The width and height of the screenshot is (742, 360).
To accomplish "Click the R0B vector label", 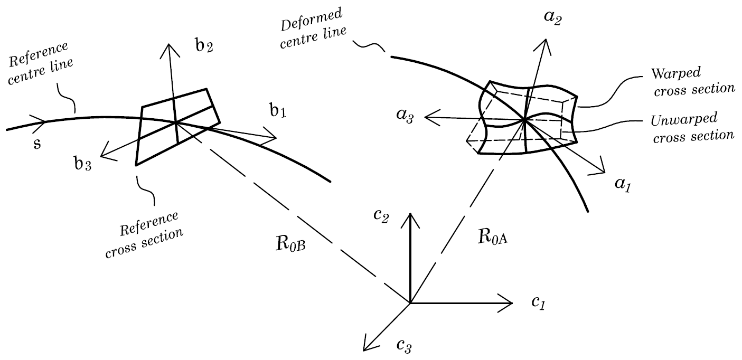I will (x=287, y=245).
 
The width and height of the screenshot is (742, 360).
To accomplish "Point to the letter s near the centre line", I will (x=37, y=144).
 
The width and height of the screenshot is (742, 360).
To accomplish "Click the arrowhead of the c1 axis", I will (x=510, y=303).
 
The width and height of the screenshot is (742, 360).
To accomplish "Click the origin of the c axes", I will (x=410, y=303).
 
